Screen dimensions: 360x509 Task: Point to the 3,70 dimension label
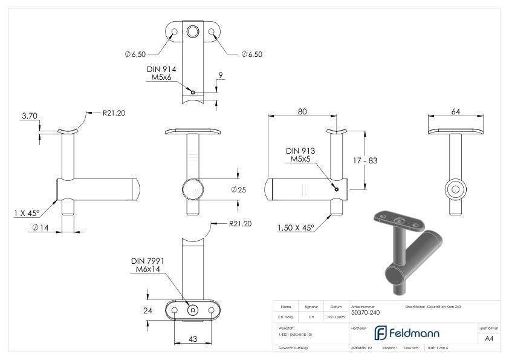point(29,115)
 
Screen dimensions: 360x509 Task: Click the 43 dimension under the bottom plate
point(193,339)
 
